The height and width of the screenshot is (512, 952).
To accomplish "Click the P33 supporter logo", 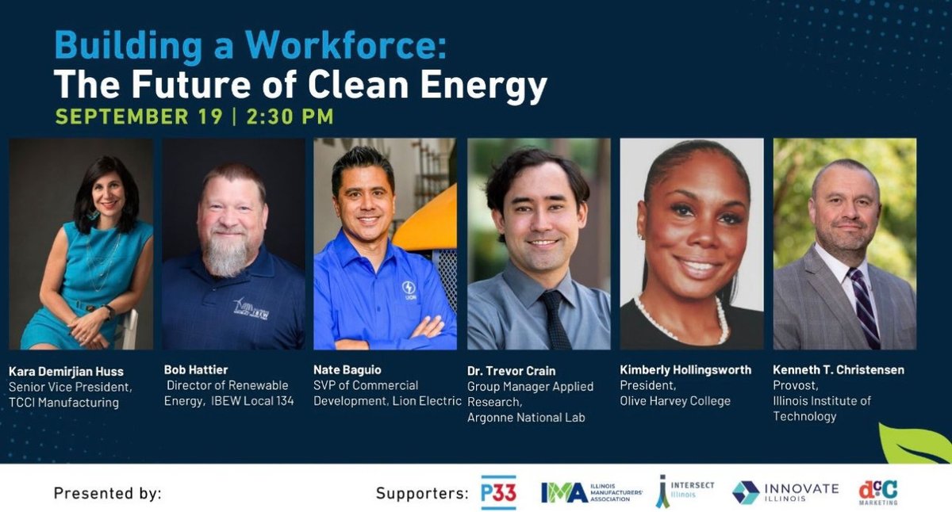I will click(x=499, y=493).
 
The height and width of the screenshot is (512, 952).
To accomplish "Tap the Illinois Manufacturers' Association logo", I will click(x=591, y=493).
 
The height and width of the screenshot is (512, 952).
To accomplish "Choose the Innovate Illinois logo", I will click(x=785, y=492).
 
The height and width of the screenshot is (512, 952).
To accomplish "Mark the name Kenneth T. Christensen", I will click(x=839, y=370).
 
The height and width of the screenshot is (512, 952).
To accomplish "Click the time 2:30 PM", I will click(x=290, y=117).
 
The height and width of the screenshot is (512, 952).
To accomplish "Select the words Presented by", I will click(x=107, y=493).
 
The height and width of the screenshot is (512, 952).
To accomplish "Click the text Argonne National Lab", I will click(x=526, y=417).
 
